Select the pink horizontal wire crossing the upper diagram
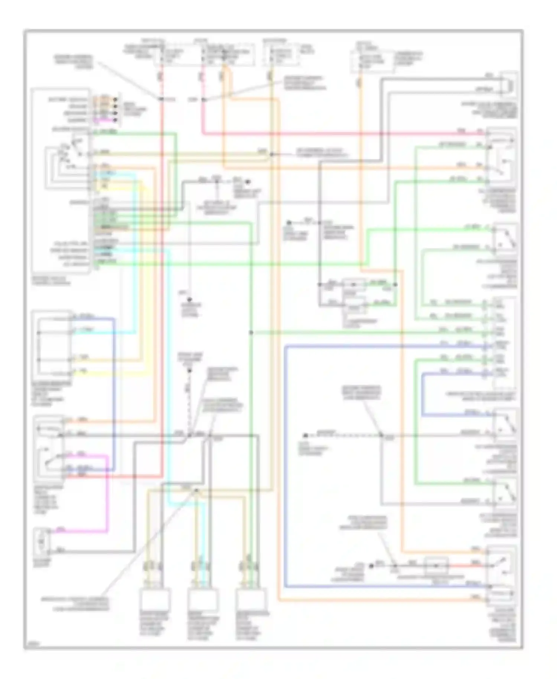click(x=334, y=133)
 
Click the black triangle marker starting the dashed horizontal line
click(x=305, y=435)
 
